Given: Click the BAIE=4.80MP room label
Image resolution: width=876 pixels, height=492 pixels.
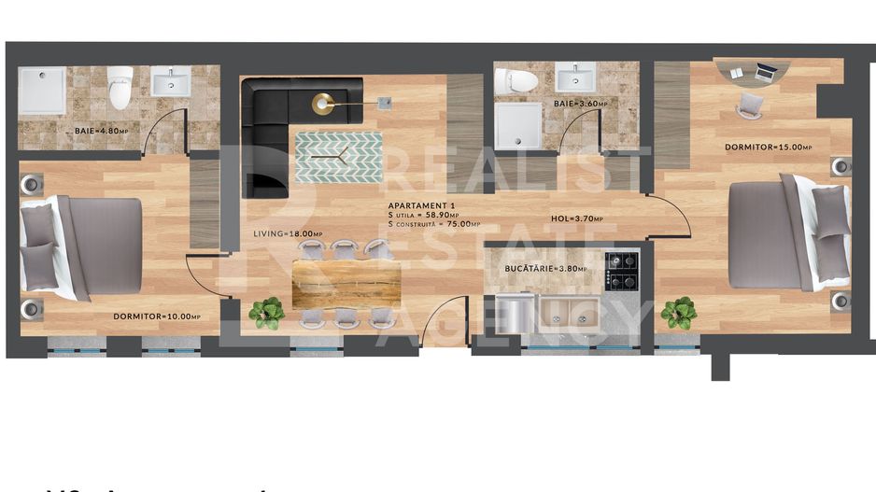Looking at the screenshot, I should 101,132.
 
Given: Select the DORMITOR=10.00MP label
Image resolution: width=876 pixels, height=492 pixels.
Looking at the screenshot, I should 157,316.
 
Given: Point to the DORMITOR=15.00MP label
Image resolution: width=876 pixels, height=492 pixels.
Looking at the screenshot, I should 768,147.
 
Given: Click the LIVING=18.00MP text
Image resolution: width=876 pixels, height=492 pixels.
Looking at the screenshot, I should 288,234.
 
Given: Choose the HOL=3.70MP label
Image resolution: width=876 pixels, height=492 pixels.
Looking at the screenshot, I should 584,219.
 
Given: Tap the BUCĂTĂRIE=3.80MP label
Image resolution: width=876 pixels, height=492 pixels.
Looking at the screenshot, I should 545,269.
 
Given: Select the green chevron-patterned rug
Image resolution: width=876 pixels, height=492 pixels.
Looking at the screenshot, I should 338,157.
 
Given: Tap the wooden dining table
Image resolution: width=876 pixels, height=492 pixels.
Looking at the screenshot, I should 346,284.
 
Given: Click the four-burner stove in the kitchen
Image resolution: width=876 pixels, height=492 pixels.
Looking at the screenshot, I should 621,271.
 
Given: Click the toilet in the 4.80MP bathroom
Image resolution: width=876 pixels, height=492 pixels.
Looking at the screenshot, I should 120,87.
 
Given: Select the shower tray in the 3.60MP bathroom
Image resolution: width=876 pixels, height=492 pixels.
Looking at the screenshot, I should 517,125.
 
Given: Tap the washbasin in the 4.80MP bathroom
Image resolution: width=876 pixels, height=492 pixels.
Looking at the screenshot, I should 171,81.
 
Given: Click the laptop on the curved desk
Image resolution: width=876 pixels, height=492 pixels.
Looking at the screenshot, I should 767,71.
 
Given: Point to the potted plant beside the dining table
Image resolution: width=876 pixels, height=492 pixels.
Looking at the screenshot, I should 267,312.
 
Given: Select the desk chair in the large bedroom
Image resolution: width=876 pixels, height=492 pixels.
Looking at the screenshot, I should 749,105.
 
